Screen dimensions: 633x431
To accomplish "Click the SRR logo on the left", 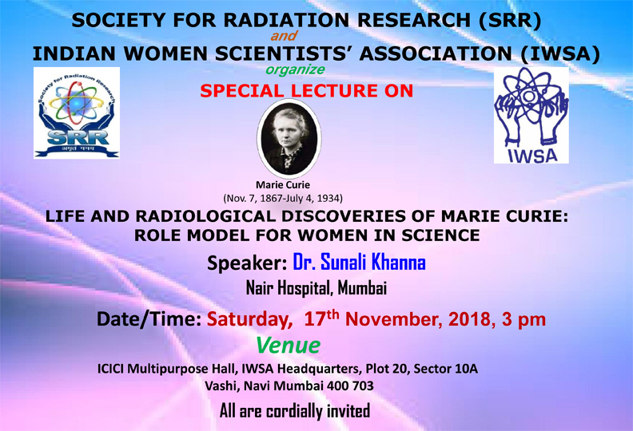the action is (77, 113).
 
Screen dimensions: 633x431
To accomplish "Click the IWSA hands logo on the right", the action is (531, 115).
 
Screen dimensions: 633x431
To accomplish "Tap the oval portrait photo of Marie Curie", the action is (289, 138).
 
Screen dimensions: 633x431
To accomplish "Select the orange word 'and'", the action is (284, 36).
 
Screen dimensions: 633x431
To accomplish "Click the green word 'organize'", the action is (295, 69).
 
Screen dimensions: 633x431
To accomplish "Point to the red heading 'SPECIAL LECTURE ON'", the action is (306, 91).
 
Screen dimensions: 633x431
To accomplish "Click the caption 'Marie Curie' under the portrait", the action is (283, 185).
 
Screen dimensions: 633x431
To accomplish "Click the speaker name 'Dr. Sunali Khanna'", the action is (359, 262).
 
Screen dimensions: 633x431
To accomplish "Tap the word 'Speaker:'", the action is (247, 263).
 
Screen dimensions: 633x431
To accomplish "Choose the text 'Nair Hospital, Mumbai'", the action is (316, 288).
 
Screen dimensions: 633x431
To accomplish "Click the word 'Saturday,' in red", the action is (250, 319).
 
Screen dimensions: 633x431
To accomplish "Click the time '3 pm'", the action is (524, 320).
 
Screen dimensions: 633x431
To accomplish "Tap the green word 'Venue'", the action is (289, 346).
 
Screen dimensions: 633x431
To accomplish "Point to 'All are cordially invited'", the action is (295, 411).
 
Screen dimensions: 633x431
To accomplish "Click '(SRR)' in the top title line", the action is (510, 20).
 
